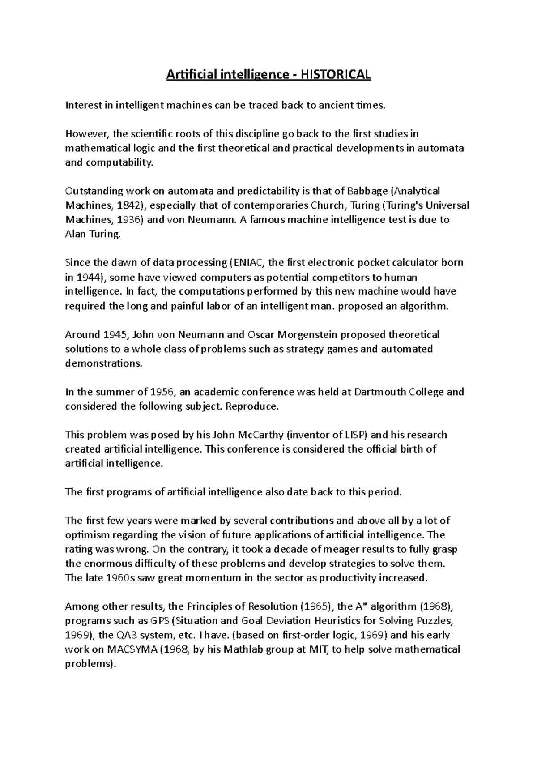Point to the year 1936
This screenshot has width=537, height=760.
click(x=131, y=220)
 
